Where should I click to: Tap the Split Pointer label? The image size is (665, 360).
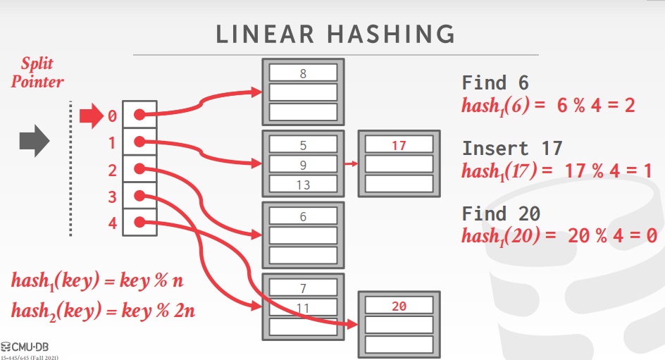[37, 73]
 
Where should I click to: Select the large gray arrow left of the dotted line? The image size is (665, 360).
[34, 142]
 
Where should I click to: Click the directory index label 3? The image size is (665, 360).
[112, 197]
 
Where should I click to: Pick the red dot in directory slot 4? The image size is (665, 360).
[139, 222]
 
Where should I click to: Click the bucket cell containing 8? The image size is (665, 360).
[303, 73]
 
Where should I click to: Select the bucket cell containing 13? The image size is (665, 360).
[303, 185]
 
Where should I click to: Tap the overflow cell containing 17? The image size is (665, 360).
[399, 146]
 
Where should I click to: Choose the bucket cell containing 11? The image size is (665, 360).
[303, 307]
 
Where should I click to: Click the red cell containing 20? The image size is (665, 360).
[399, 306]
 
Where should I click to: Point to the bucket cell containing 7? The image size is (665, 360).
[303, 288]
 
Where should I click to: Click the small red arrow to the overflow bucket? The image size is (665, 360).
[351, 166]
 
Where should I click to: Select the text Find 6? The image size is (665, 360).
[495, 82]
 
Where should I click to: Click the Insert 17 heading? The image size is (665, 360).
[512, 148]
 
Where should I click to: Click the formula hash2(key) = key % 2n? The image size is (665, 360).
[103, 310]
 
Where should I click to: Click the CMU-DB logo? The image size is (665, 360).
[30, 346]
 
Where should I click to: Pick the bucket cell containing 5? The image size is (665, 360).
[303, 147]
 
